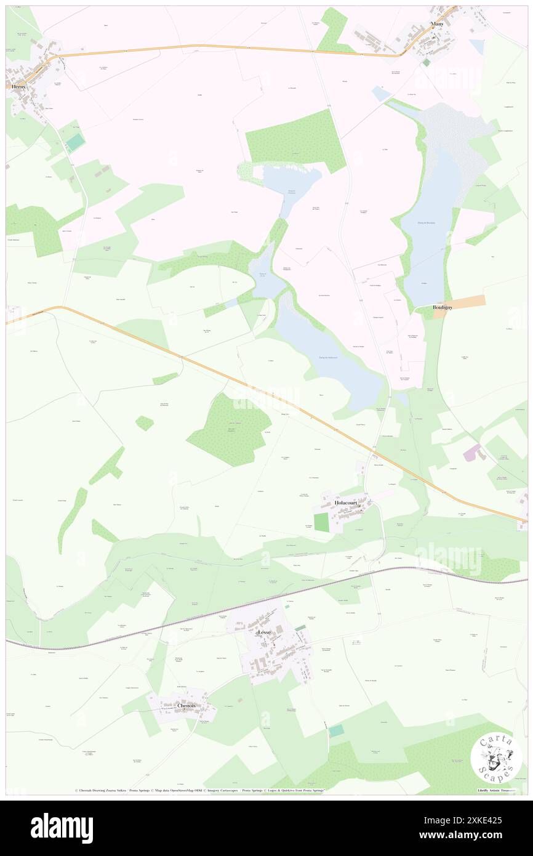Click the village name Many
(x=438, y=24)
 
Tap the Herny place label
(x=19, y=87)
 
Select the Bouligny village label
(x=443, y=307)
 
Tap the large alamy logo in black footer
(x=62, y=828)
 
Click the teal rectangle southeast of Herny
(x=76, y=143)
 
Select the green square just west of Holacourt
(x=321, y=522)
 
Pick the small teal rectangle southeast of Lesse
(x=336, y=730)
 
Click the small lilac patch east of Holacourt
(x=472, y=453)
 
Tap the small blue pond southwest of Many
(x=381, y=94)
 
